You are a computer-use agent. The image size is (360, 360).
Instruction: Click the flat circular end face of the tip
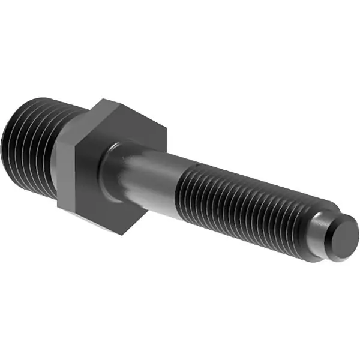(344, 238)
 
